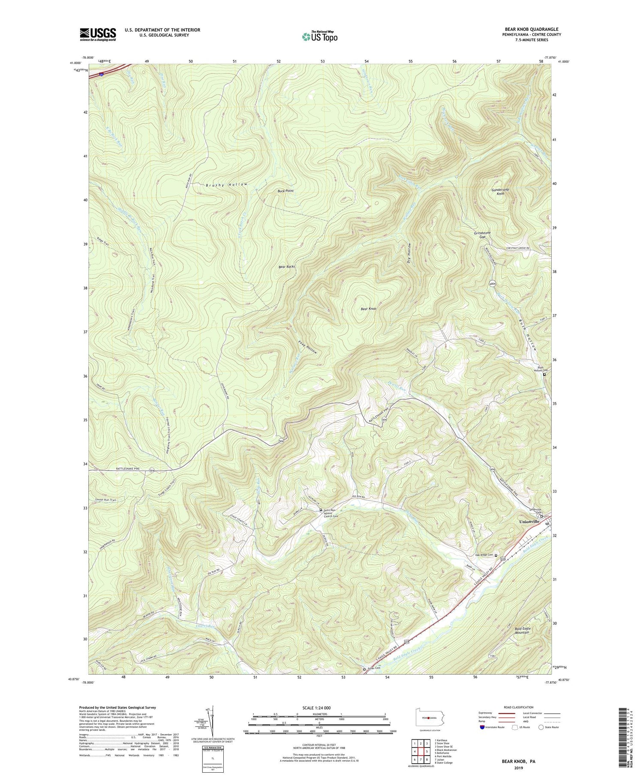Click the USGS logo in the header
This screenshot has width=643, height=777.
[98, 34]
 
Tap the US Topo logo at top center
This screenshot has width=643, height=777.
[319, 36]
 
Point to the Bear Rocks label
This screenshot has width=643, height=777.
[287, 267]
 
